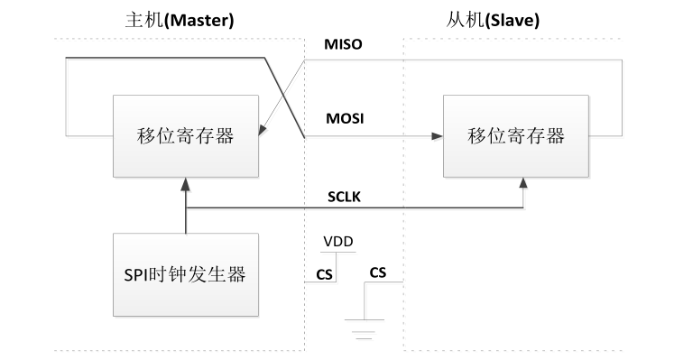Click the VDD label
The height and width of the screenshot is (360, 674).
(338, 242)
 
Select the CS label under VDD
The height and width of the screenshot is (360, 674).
(323, 274)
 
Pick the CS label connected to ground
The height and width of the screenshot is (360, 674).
(378, 271)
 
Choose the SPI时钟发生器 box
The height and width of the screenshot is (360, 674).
(185, 274)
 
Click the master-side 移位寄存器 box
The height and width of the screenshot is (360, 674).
(185, 136)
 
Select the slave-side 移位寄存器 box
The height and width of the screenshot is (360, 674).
(516, 136)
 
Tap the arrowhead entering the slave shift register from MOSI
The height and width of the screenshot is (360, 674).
(439, 136)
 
